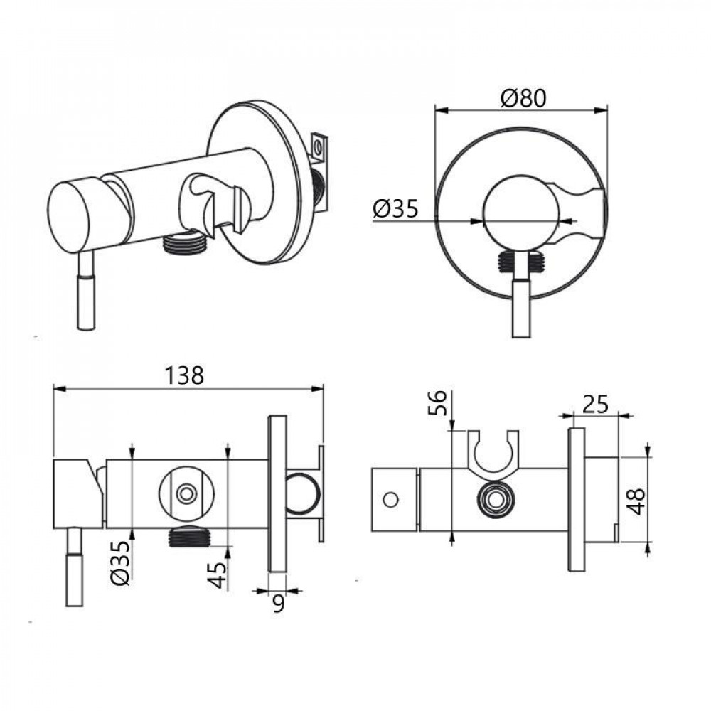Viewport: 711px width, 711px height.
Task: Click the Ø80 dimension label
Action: click(522, 98)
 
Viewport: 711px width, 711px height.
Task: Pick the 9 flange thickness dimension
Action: click(278, 604)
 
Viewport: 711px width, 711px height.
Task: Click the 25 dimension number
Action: click(594, 404)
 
